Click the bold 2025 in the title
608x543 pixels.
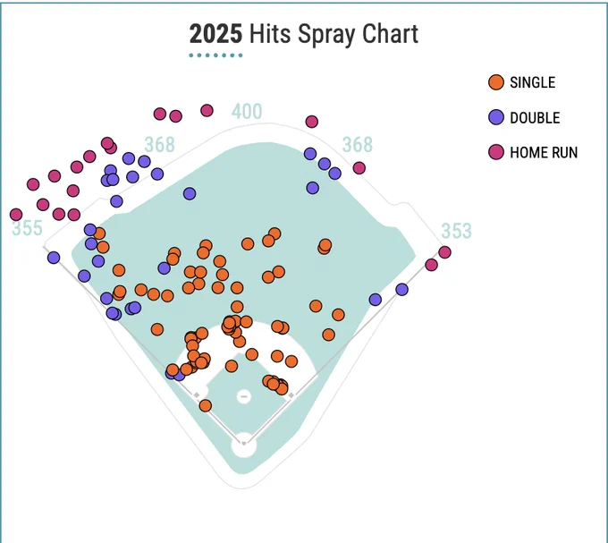click(x=215, y=34)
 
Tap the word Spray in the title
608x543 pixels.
click(x=326, y=35)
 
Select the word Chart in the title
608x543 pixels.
click(x=390, y=34)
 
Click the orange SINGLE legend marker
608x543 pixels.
click(x=496, y=82)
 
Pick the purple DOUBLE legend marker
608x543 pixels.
click(x=496, y=117)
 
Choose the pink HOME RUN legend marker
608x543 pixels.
click(x=496, y=152)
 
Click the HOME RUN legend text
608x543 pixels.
click(x=544, y=152)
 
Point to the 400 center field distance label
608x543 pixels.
click(x=247, y=112)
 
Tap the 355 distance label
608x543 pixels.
click(x=27, y=228)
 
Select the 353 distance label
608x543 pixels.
click(x=456, y=231)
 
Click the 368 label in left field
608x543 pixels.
click(x=160, y=145)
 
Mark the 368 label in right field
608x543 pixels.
click(x=358, y=145)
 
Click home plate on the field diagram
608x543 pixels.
click(x=243, y=444)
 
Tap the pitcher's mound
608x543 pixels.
click(x=244, y=396)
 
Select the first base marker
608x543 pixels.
click(x=291, y=395)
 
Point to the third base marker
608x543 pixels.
click(x=197, y=395)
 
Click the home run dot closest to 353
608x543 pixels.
click(x=444, y=252)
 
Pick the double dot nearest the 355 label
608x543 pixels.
click(x=54, y=257)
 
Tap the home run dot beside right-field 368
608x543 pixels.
click(x=359, y=168)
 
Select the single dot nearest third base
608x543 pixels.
click(x=205, y=406)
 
